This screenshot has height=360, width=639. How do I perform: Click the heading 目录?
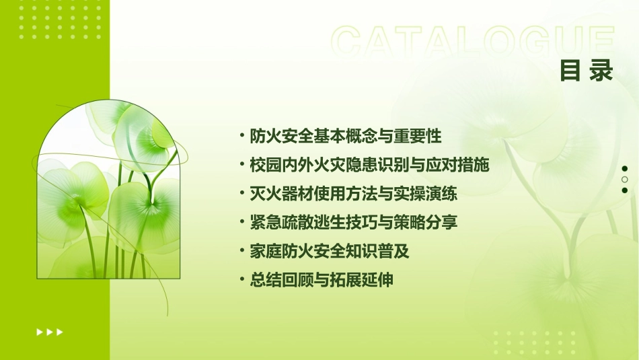click(x=587, y=71)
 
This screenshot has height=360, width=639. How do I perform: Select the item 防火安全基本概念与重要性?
click(x=346, y=137)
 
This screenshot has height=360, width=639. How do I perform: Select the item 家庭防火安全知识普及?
click(x=330, y=252)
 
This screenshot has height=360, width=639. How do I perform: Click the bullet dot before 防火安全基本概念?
click(x=242, y=136)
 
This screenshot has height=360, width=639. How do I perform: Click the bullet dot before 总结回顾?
click(x=242, y=280)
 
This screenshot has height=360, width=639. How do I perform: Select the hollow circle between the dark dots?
click(x=625, y=180)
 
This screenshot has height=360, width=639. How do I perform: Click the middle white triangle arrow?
click(x=50, y=332)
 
